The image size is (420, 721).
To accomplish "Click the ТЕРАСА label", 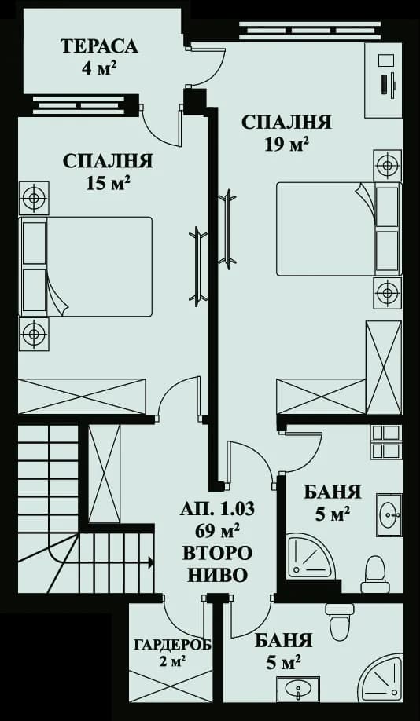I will (x=99, y=46).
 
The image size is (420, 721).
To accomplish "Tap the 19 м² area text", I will (x=286, y=144).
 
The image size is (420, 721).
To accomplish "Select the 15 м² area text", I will (x=108, y=183).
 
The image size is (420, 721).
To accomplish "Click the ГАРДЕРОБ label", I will (x=161, y=645).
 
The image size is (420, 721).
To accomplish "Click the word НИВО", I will (x=217, y=574).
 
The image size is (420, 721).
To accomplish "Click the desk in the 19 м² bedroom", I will (x=385, y=79).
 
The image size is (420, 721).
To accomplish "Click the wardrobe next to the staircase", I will (x=104, y=474).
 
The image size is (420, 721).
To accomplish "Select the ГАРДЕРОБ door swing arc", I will (x=181, y=613).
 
